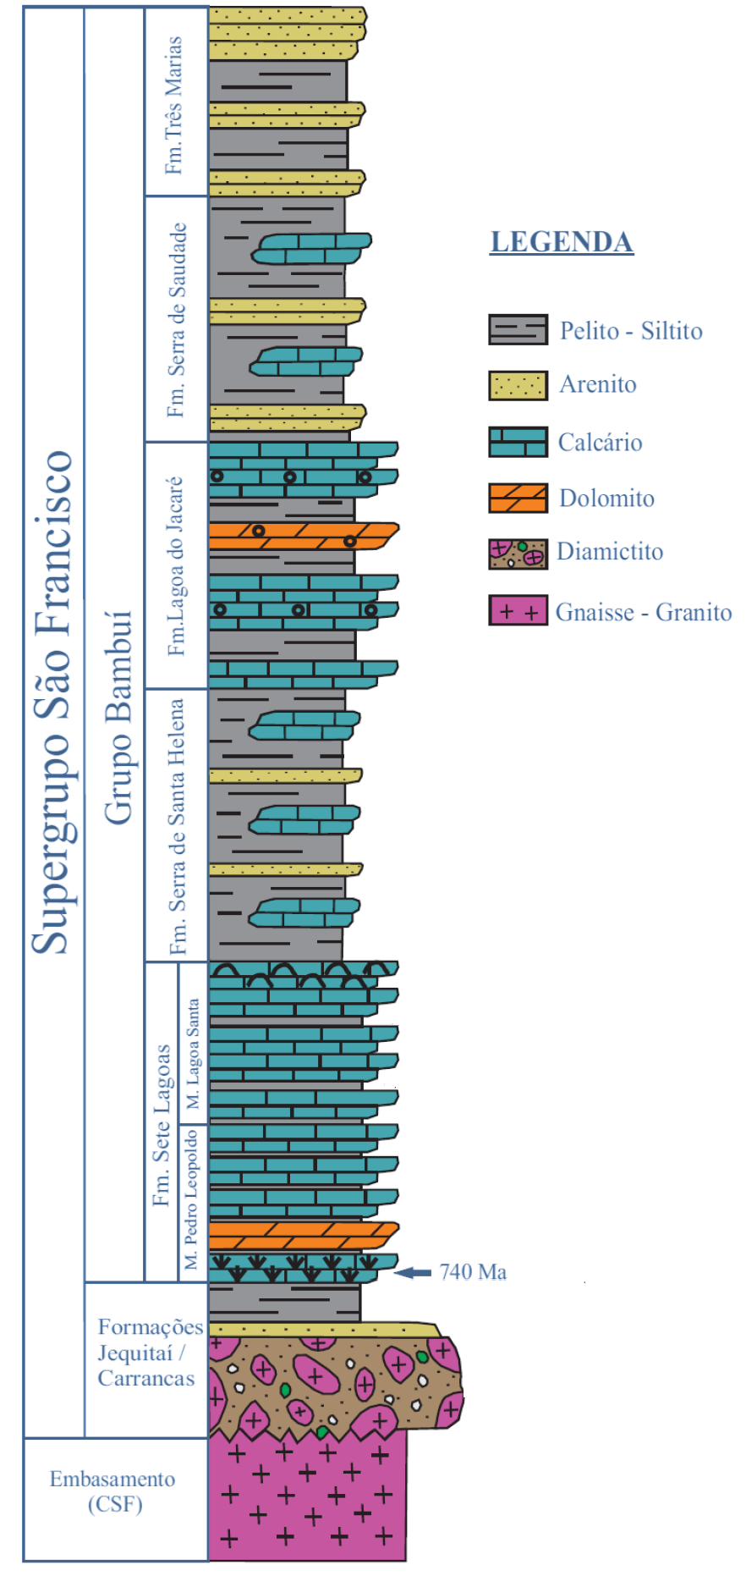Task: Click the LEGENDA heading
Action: coord(562,242)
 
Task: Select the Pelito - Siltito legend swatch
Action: coord(518,329)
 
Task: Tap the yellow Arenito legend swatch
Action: coord(518,385)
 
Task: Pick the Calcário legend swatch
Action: coord(518,442)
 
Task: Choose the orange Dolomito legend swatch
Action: coord(518,498)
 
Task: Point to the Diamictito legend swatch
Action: coord(518,554)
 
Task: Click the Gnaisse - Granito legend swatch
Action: coord(518,610)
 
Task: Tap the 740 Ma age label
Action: coord(473,1272)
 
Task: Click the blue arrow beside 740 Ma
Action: coord(414,1272)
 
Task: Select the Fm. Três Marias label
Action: coord(174,105)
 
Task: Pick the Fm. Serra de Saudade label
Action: coord(176,320)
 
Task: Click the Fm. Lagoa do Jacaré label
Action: coord(176,565)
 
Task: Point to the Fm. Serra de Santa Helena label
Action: coord(177,826)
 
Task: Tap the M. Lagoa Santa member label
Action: coord(193,1054)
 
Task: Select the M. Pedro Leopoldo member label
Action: coord(192,1198)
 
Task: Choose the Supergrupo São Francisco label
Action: coord(52,703)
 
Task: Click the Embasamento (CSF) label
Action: coord(112,1491)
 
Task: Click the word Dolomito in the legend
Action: coord(606,499)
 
